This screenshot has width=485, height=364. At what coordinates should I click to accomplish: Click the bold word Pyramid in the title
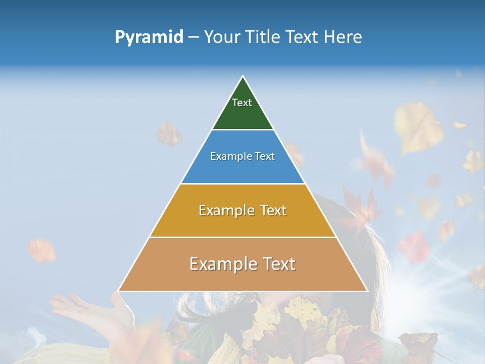[x=149, y=37]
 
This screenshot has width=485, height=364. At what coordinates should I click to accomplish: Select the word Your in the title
[x=220, y=37]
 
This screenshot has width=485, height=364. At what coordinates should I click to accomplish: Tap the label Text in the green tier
[x=242, y=103]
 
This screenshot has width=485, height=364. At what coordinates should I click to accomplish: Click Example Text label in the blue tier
[x=243, y=156]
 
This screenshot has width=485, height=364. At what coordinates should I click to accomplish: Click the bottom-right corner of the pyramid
[x=367, y=291]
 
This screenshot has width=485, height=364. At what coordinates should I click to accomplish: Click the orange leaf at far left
[x=41, y=250]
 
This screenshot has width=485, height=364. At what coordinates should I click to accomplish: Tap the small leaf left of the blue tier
[x=169, y=133]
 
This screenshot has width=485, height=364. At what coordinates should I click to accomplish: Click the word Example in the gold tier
[x=221, y=210]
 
